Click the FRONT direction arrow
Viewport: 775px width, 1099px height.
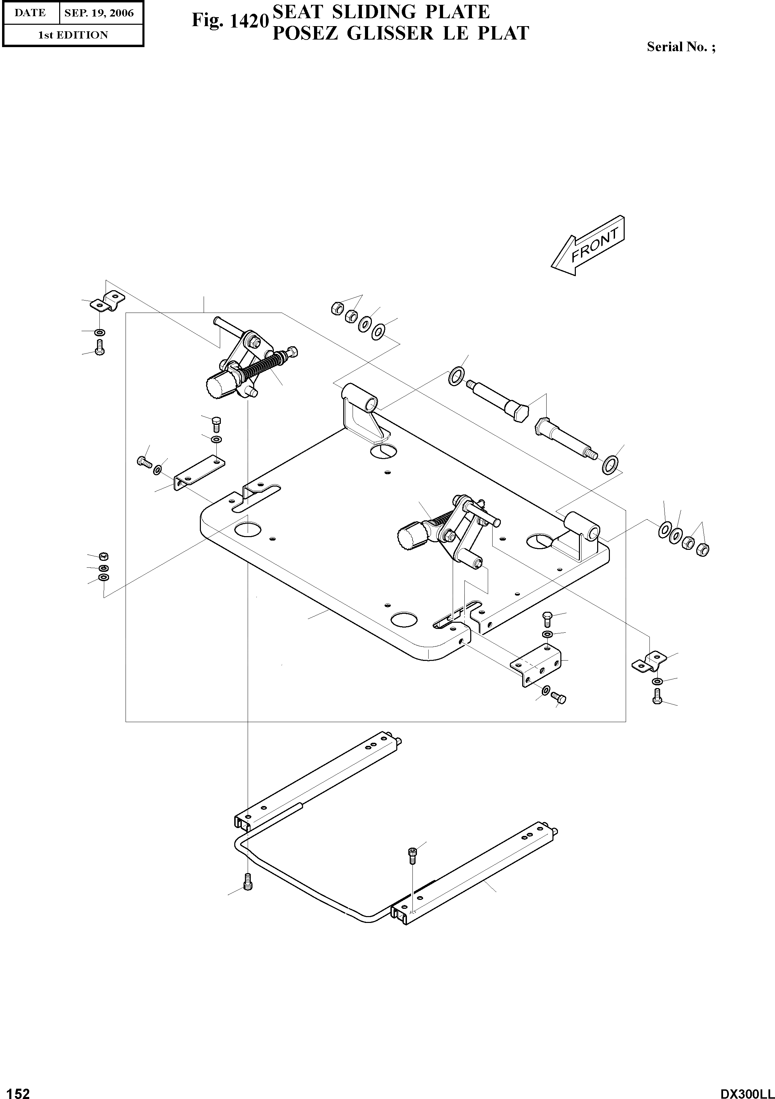(588, 246)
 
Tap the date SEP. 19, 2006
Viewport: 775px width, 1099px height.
(99, 13)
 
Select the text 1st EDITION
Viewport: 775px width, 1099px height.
(73, 35)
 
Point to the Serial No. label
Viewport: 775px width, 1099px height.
(681, 47)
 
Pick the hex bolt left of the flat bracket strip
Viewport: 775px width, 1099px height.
(143, 462)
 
